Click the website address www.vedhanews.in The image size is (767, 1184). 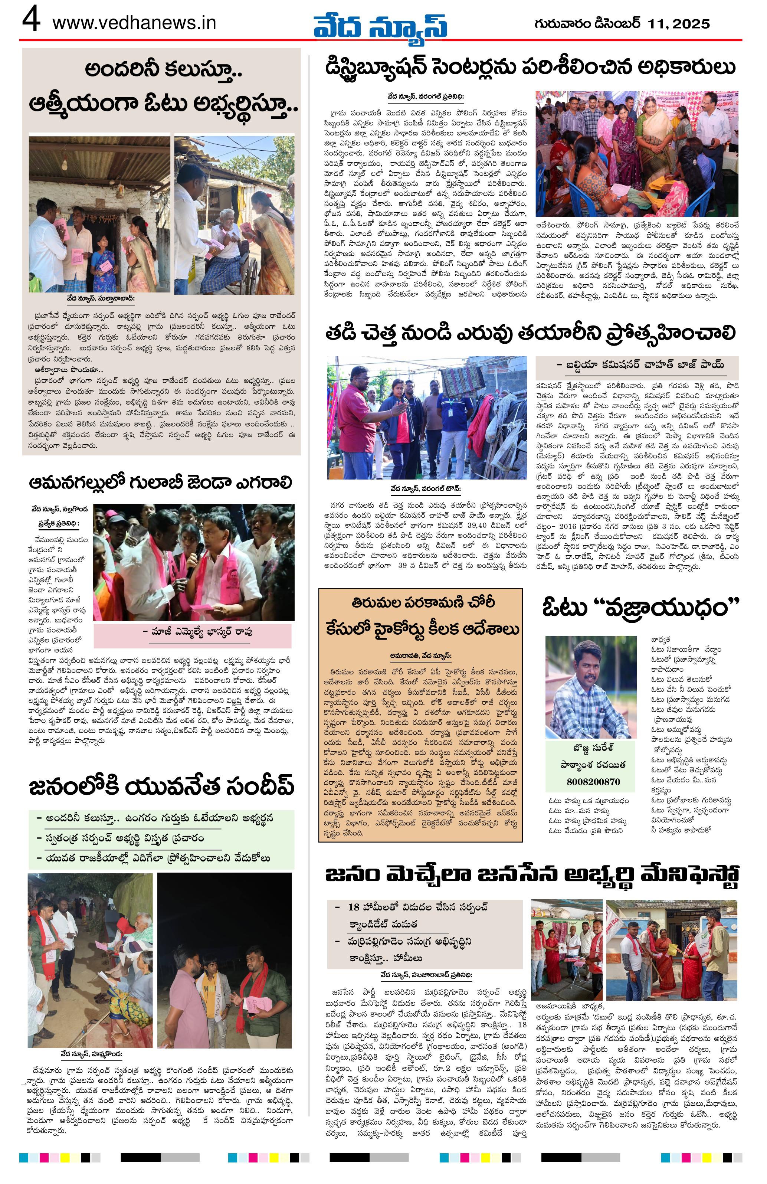point(134,23)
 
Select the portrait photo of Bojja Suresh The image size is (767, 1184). point(590,687)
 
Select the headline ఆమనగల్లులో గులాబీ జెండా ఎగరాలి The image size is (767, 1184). point(160,482)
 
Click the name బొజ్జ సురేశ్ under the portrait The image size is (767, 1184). point(590,748)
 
